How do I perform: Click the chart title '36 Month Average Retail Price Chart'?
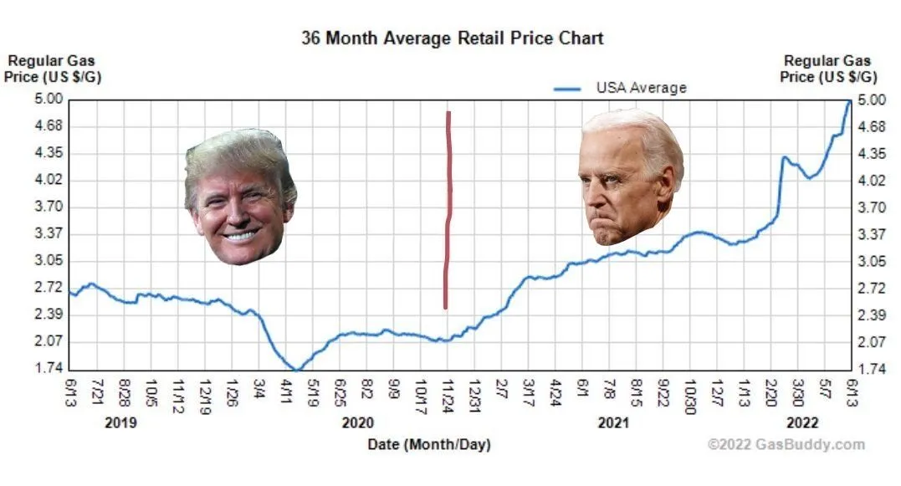[452, 38]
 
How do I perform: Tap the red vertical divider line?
[448, 209]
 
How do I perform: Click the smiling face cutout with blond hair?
[240, 197]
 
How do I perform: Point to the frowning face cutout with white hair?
[628, 176]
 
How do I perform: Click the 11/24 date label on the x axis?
[447, 392]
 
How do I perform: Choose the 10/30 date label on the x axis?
[690, 392]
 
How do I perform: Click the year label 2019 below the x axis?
[120, 423]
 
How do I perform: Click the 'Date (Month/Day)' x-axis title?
[429, 444]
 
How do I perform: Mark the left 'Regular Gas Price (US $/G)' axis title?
[52, 68]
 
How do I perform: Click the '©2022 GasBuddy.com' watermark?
[786, 445]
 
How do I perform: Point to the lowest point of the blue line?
[296, 369]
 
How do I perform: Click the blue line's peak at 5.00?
[849, 101]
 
